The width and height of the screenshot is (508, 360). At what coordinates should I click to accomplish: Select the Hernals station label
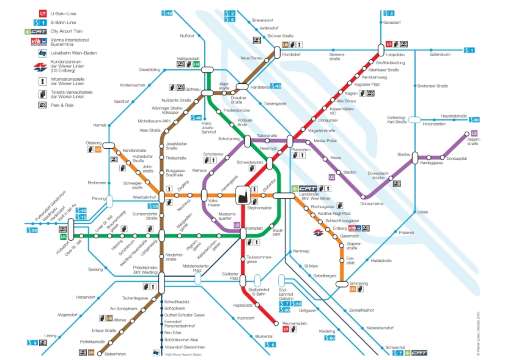[98, 124]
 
